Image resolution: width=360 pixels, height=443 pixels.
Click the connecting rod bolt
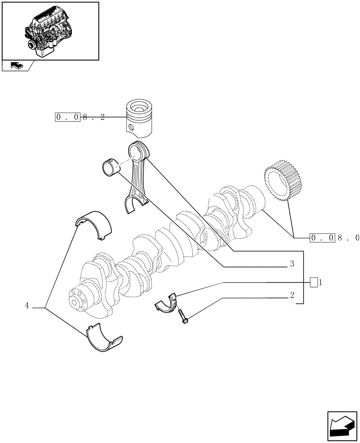(x=183, y=316)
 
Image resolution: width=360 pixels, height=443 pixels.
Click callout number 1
(x=320, y=282)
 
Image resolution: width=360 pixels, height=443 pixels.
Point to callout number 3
(x=292, y=264)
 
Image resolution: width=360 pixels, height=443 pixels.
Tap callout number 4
(x=27, y=306)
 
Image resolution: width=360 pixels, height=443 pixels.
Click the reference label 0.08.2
(x=80, y=117)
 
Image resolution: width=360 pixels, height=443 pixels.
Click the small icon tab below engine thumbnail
(x=16, y=66)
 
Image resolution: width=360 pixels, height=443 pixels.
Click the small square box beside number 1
(x=313, y=282)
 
